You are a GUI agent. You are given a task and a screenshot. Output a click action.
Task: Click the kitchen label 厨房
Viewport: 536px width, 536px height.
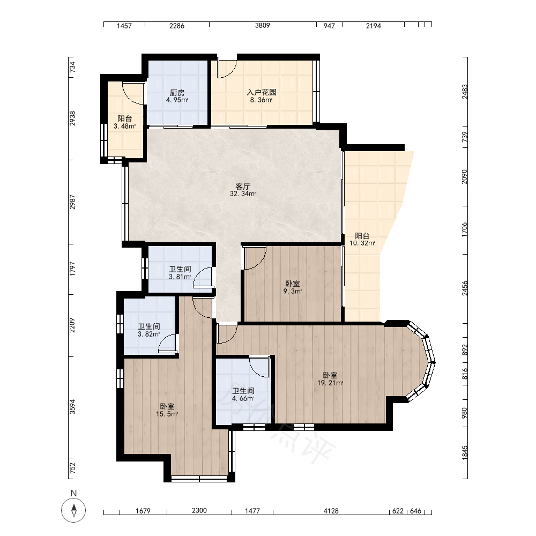[x=177, y=93]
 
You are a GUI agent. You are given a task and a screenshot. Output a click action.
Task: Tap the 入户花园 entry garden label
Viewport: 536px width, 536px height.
[x=262, y=92]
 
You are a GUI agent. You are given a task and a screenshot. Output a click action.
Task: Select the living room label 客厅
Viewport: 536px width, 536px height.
[x=243, y=187]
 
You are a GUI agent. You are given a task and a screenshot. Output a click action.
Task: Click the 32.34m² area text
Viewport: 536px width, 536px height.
[x=243, y=194]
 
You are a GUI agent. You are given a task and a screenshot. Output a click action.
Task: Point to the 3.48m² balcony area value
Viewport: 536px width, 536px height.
[x=125, y=126]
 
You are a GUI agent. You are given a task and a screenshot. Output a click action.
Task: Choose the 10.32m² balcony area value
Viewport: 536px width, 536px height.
[x=362, y=243]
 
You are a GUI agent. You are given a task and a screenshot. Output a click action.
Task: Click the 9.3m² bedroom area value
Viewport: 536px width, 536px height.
[x=293, y=291]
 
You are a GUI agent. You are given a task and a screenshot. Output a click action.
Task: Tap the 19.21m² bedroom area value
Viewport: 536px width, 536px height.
[x=330, y=383]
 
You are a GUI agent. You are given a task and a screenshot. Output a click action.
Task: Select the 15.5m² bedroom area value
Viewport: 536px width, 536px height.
[x=167, y=414]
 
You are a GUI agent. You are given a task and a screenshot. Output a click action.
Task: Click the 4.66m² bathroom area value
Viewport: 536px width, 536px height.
[x=243, y=399]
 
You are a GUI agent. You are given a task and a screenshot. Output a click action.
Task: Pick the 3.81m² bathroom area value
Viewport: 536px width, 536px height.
[x=180, y=277]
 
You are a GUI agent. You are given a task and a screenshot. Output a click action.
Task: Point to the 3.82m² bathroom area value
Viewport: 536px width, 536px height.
[x=148, y=334]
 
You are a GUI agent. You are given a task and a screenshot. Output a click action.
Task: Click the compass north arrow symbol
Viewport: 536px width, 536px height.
[x=73, y=510]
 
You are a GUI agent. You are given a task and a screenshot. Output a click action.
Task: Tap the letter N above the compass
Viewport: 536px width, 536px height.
[x=73, y=493]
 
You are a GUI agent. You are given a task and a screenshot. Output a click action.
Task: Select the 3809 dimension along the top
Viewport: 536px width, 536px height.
[x=263, y=26]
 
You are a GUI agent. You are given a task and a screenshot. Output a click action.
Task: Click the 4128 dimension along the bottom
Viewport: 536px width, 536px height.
[x=331, y=511]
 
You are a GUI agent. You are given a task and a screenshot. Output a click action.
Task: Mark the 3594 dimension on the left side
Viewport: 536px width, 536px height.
[x=72, y=407]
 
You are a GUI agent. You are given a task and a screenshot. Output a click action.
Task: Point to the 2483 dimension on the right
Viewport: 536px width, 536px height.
[x=465, y=92]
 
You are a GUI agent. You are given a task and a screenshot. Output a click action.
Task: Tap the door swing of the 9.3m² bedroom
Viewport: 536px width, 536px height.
[x=255, y=258]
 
